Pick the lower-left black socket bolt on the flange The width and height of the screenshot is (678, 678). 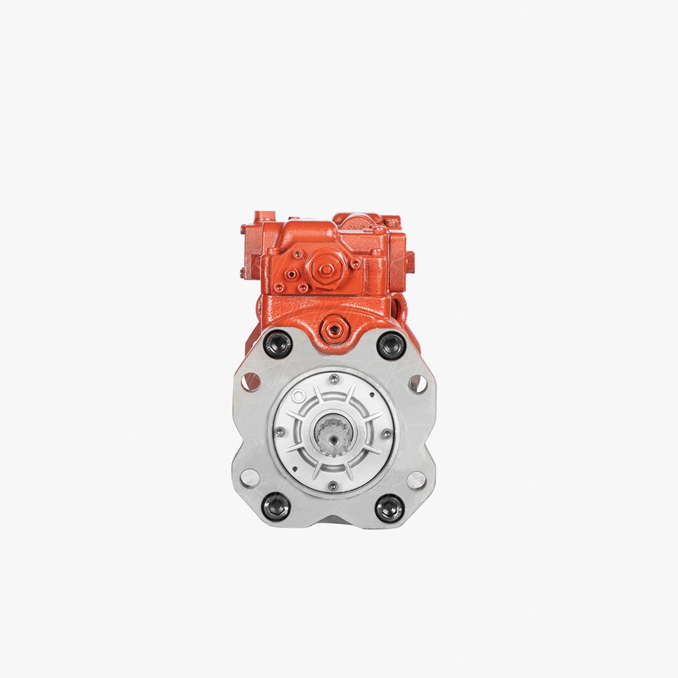(277, 506)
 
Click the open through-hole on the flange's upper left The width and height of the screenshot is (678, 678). (251, 381)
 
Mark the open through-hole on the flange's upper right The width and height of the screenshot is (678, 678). (417, 383)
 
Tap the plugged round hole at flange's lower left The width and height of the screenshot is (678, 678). (250, 477)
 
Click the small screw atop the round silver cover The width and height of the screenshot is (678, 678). (334, 379)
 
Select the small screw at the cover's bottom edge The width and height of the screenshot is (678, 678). (332, 487)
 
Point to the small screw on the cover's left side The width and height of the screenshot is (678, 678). (280, 432)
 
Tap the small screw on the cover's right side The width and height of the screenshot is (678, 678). (387, 434)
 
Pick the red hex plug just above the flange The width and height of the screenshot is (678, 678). (333, 328)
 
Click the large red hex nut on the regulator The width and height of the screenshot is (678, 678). (326, 269)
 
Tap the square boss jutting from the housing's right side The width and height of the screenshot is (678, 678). (409, 258)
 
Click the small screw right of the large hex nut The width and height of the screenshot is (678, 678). (356, 264)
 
